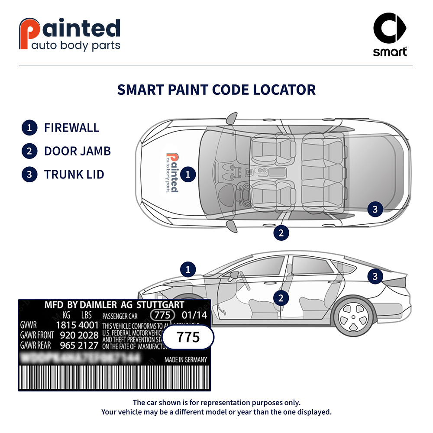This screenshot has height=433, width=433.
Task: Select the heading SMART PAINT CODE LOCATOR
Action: click(x=216, y=90)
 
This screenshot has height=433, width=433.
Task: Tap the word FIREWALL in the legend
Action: click(x=71, y=128)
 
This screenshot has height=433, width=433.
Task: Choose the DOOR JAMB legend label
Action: click(x=77, y=151)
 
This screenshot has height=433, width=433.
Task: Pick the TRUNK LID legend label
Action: click(x=74, y=174)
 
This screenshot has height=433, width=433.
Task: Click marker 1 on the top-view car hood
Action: click(x=188, y=174)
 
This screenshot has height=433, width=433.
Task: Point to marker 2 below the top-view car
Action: click(x=281, y=233)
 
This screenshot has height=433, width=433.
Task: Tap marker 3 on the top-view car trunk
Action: click(x=375, y=210)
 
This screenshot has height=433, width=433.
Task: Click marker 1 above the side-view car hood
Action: click(x=188, y=269)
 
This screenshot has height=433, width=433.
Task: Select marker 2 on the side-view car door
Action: click(x=281, y=298)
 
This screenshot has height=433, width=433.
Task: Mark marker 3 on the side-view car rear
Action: click(x=375, y=276)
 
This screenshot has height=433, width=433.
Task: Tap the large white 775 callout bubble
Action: click(x=188, y=337)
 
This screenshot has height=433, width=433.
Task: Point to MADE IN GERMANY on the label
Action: click(x=185, y=360)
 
